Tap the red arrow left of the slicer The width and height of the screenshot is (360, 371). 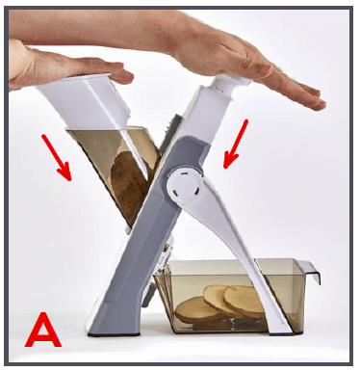pos(56,157)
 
